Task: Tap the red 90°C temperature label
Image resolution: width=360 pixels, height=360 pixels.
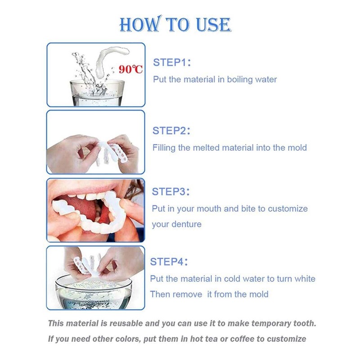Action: coord(130,69)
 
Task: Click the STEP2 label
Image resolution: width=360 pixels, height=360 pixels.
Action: coord(171,130)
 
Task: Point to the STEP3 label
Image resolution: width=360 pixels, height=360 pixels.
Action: coord(171,191)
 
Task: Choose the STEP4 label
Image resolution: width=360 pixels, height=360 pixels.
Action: coord(169,261)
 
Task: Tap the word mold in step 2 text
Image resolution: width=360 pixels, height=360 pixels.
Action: coord(297,147)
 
